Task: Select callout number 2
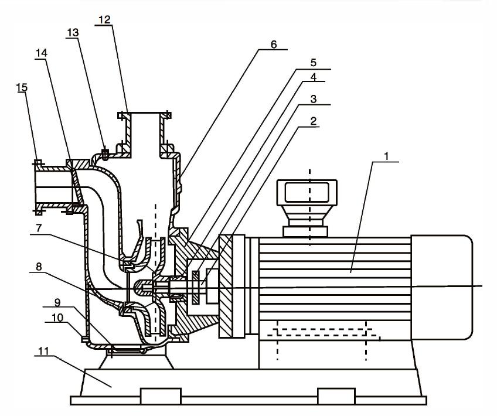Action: pos(314,121)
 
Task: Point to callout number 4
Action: pos(314,77)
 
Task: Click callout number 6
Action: pos(274,45)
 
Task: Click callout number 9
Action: pos(57,304)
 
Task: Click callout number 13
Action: pos(73,33)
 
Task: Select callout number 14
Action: pos(40,53)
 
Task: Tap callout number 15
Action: pos(21,87)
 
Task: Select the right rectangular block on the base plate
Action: pos(336,395)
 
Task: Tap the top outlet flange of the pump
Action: pos(144,115)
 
